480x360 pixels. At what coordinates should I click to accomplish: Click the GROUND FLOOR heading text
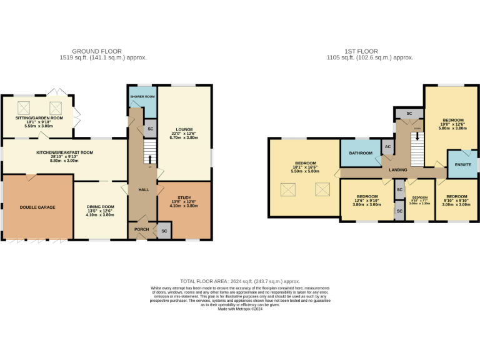[97, 51]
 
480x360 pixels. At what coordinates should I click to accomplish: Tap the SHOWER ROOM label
[142, 97]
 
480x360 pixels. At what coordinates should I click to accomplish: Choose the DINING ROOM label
[100, 207]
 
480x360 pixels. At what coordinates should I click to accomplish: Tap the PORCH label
[141, 229]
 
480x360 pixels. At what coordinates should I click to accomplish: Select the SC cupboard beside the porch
[164, 231]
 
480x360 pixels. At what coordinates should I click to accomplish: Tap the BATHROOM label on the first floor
[361, 152]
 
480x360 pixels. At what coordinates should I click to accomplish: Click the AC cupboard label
[387, 147]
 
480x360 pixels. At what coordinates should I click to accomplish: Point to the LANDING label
[398, 170]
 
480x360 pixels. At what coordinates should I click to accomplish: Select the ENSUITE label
[463, 165]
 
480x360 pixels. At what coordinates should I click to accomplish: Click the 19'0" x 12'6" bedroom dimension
[453, 124]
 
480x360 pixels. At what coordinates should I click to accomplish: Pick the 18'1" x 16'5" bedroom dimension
[305, 167]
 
